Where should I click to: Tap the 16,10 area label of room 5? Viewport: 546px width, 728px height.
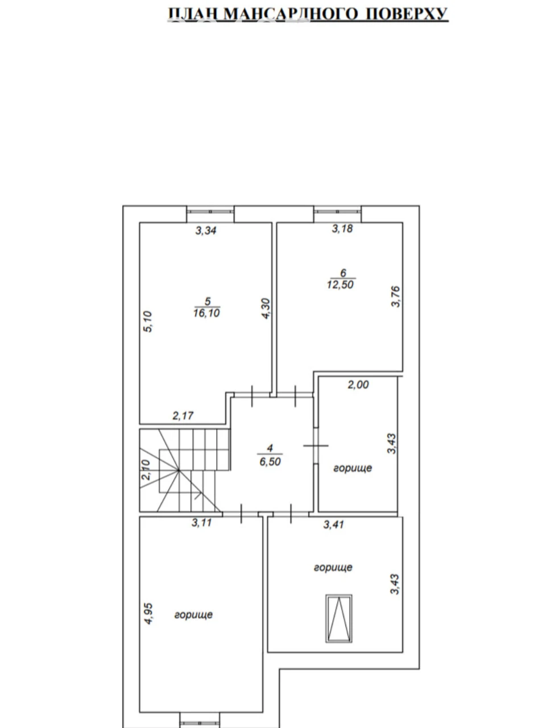(x=206, y=313)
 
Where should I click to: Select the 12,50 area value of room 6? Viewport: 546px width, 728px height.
(x=341, y=284)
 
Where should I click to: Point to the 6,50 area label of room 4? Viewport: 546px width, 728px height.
(x=270, y=462)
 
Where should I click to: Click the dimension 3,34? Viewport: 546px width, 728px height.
(x=205, y=230)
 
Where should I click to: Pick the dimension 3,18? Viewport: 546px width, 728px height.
(x=342, y=229)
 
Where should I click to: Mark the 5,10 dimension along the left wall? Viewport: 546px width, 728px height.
(x=147, y=322)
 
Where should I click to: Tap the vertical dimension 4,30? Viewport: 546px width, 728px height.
(x=267, y=309)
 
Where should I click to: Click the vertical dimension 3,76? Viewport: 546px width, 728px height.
(x=396, y=296)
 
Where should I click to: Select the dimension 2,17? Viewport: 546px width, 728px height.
(x=183, y=416)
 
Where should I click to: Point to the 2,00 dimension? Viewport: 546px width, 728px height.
(x=358, y=384)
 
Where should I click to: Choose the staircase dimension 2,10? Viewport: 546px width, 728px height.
(x=146, y=470)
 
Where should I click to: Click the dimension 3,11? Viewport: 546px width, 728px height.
(x=201, y=523)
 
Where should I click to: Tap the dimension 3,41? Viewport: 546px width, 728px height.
(x=333, y=524)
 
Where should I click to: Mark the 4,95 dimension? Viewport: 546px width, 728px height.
(x=149, y=614)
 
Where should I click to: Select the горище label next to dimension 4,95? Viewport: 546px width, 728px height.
(x=193, y=615)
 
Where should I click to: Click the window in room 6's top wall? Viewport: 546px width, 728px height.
(x=337, y=211)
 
